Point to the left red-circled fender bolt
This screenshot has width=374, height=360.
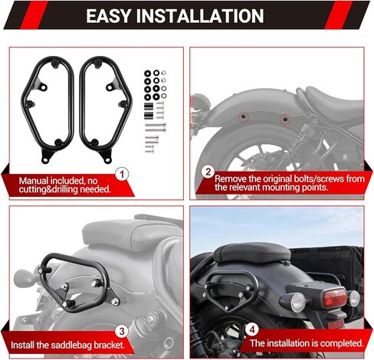[243, 116]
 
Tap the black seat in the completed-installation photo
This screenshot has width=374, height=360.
[252, 254]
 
